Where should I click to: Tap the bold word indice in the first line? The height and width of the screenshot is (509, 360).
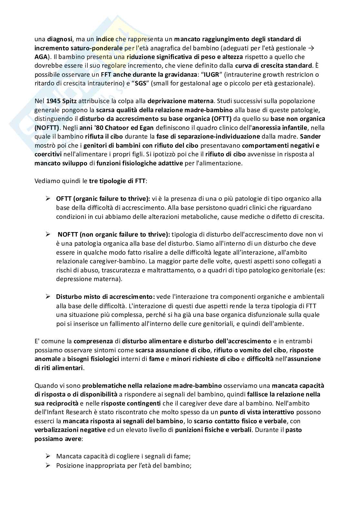point(105,39)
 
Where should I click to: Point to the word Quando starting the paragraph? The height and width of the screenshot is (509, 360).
point(45,386)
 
